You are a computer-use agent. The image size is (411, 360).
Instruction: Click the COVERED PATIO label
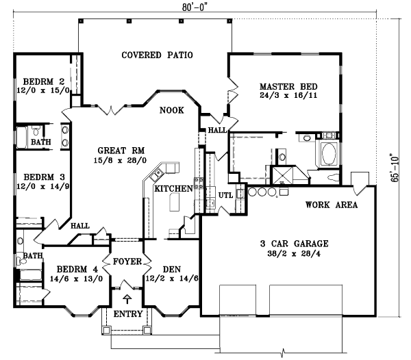[157, 55]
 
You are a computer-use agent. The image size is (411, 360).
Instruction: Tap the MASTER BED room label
[287, 87]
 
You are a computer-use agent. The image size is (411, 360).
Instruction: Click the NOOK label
[171, 110]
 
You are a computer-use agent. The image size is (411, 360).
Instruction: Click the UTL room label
[226, 196]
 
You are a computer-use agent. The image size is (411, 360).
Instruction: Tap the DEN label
[169, 270]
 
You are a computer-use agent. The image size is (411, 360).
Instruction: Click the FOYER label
[127, 261]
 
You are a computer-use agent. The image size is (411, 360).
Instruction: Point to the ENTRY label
[127, 314]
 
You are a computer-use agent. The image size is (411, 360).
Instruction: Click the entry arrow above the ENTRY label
[127, 299]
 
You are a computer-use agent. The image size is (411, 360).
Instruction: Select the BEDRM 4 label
[73, 269]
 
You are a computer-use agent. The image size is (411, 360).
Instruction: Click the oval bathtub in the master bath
[327, 153]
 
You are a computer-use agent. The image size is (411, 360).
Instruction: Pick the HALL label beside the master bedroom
[218, 129]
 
